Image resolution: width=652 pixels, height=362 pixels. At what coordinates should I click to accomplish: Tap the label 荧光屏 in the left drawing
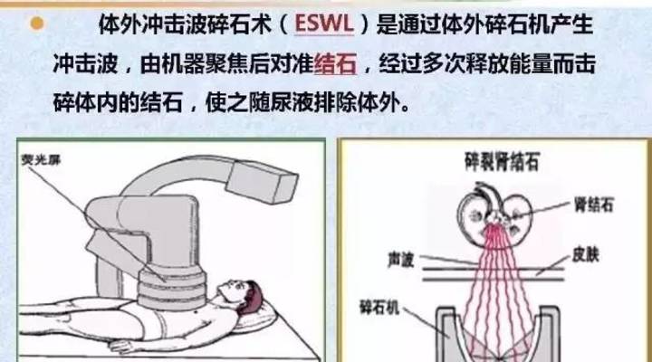[37, 160]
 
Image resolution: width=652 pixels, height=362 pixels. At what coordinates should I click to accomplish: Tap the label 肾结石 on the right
[595, 205]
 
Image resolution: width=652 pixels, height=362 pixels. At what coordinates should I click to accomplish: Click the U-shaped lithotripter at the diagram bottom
[499, 335]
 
